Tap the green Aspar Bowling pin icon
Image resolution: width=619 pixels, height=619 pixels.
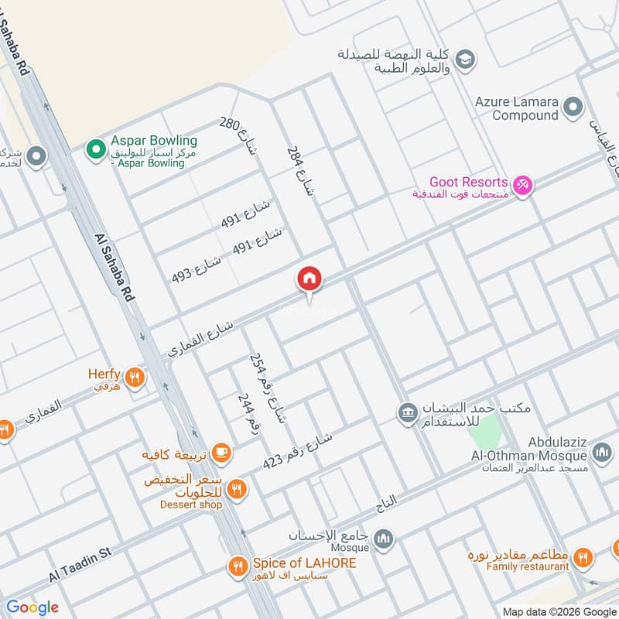(x=95, y=147)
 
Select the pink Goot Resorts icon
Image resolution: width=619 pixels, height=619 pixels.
(x=524, y=186)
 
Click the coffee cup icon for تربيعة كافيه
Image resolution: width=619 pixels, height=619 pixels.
(x=221, y=452)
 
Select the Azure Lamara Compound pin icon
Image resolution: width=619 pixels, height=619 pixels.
(x=573, y=107)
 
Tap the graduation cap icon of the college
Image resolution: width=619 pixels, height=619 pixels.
(x=464, y=59)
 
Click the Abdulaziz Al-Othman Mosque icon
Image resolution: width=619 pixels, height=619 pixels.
(x=601, y=451)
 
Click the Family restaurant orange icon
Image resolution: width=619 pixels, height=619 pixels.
(x=583, y=556)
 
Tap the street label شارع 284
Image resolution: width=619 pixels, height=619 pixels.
(x=301, y=170)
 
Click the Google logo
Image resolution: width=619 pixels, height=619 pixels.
(x=32, y=607)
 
